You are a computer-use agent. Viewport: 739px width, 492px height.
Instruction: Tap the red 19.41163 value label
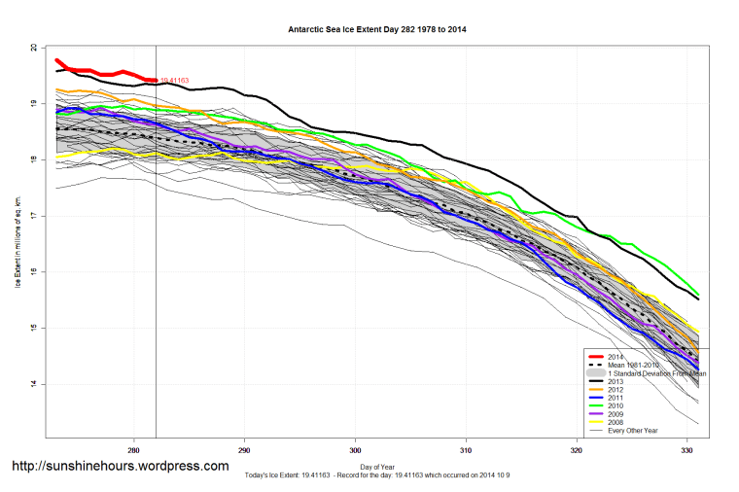tap(174, 81)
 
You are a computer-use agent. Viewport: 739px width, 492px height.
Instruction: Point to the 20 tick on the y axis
tap(34, 48)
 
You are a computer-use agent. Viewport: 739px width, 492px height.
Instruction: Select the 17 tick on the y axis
tap(34, 216)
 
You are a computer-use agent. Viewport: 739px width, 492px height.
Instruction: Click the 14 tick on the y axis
tap(34, 384)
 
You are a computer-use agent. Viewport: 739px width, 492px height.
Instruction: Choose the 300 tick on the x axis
tap(355, 450)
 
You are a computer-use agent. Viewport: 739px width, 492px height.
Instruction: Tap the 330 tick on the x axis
tap(686, 450)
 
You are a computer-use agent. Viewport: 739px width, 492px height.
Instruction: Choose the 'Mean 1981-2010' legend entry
tap(633, 365)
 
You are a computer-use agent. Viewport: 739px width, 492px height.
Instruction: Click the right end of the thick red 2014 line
tap(156, 81)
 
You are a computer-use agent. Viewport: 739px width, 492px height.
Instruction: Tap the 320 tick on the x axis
tap(577, 450)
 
